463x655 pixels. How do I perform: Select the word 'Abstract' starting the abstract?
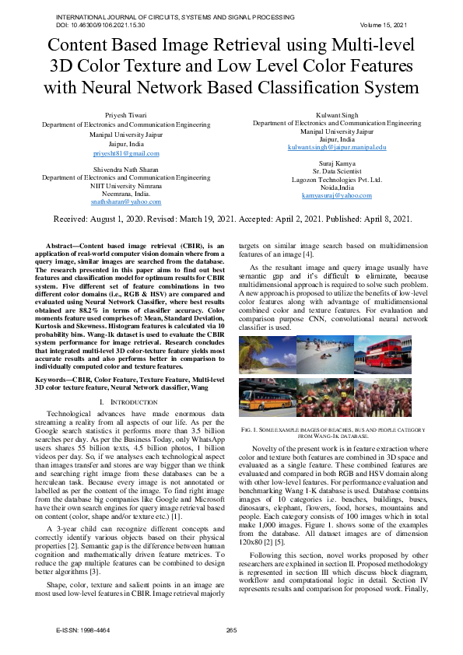click(64, 245)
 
